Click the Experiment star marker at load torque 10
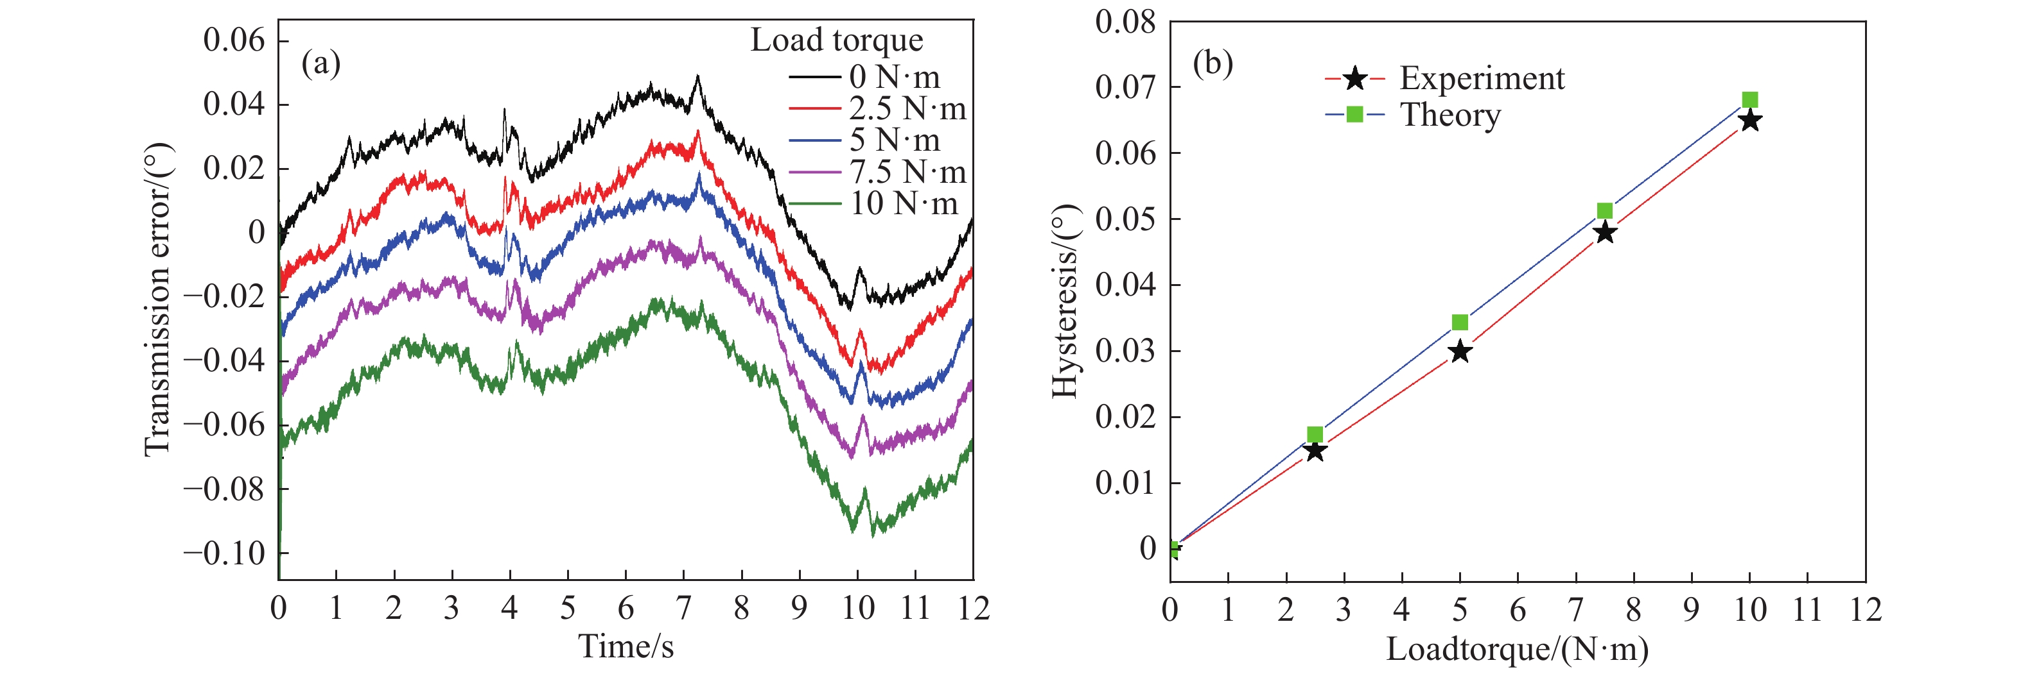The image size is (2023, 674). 1749,121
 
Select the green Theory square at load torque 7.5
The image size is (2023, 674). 1604,211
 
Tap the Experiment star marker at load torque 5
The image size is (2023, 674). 1460,351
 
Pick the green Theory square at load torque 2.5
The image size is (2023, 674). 1315,435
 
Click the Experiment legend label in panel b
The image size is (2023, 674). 1481,78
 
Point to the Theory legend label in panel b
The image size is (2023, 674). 1449,115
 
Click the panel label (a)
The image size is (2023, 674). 320,63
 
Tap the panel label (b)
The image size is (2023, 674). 1213,63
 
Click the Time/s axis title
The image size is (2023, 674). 626,646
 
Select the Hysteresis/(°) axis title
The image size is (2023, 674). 1065,301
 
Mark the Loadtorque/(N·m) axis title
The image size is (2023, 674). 1517,649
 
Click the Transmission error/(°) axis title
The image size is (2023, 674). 158,299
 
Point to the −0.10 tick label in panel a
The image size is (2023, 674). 225,553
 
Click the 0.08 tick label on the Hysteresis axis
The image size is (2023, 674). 1125,22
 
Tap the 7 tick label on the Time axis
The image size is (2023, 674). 683,608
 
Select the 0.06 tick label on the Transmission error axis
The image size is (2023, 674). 234,40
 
